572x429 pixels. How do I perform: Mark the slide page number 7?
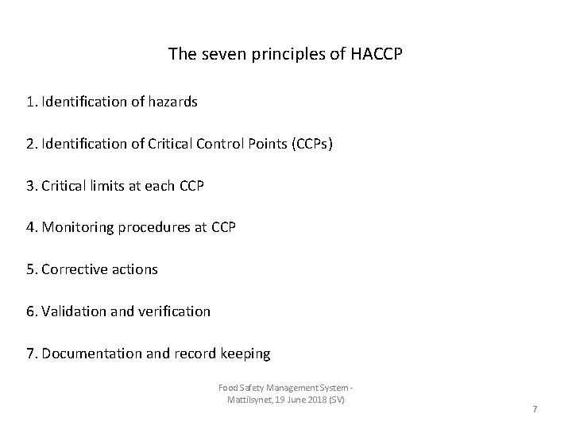coord(535,408)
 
